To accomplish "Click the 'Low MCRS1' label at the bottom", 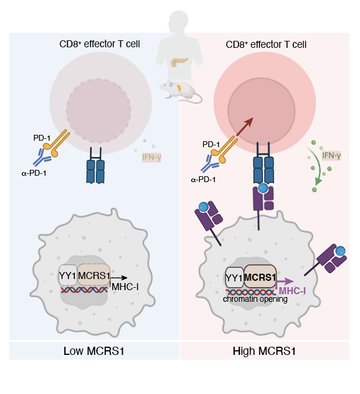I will click(x=94, y=351).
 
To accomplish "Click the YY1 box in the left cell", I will click(x=68, y=274).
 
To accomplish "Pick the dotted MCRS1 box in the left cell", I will click(x=94, y=274).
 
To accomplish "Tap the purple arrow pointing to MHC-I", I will click(x=285, y=281).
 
